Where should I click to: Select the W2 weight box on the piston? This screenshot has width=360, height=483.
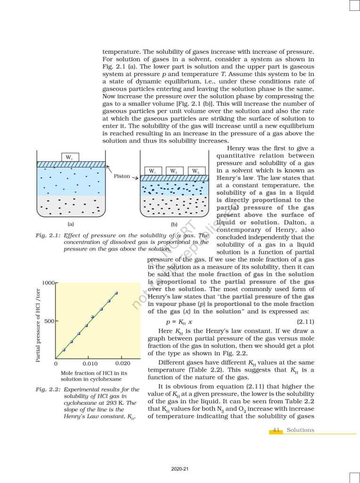pyautogui.click(x=173, y=171)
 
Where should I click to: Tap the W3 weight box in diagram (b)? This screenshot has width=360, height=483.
pyautogui.click(x=195, y=171)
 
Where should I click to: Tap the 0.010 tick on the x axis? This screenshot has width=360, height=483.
pyautogui.click(x=90, y=364)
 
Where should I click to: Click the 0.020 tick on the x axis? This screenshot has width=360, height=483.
pyautogui.click(x=122, y=364)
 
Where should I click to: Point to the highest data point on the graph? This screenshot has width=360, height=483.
pyautogui.click(x=116, y=293)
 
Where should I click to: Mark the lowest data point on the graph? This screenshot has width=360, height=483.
pyautogui.click(x=64, y=350)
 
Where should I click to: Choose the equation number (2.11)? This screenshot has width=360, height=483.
pyautogui.click(x=305, y=322)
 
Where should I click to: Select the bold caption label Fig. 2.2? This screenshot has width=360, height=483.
pyautogui.click(x=48, y=390)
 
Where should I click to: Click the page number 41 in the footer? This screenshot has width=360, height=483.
pyautogui.click(x=277, y=430)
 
